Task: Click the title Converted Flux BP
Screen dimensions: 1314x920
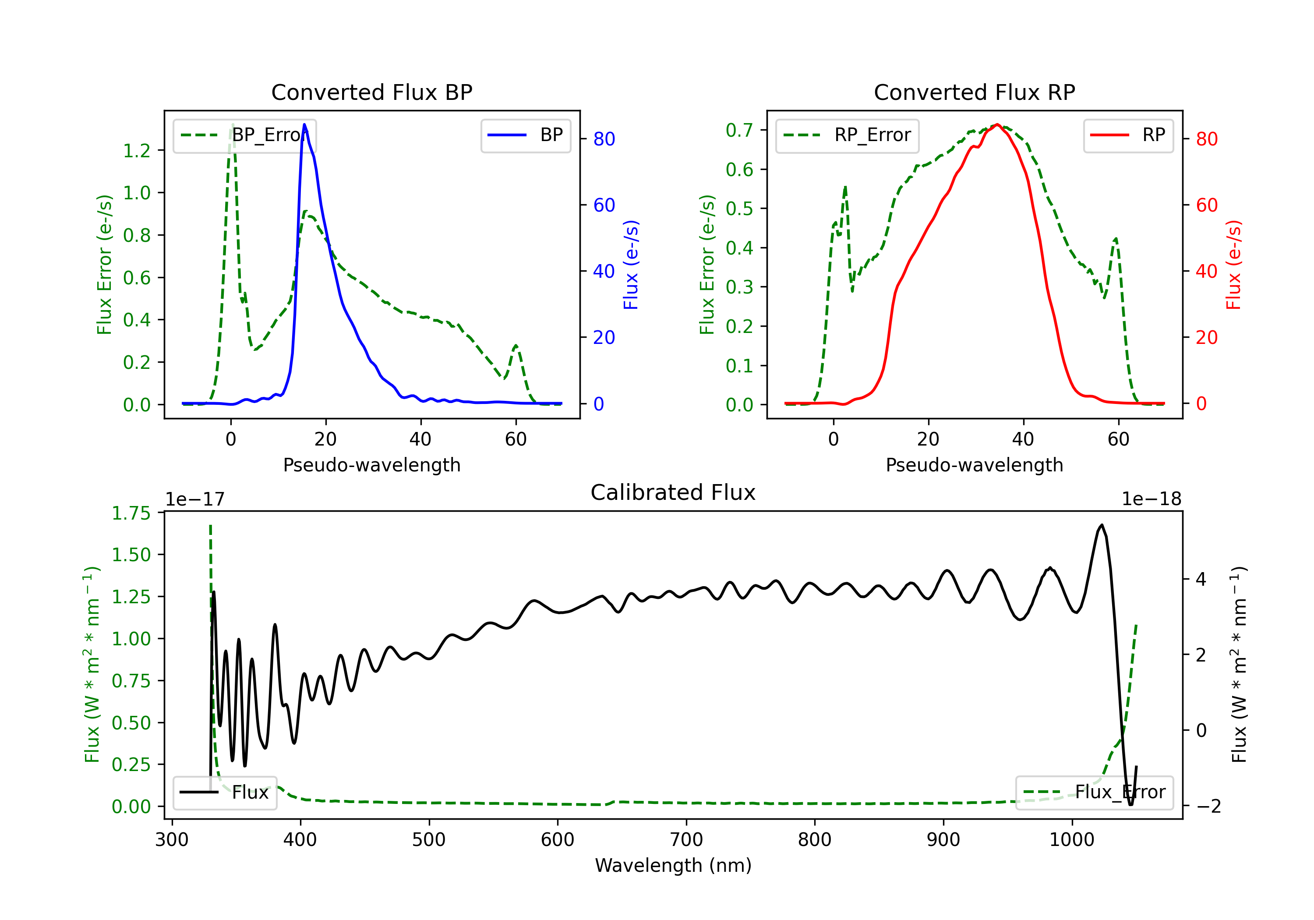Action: point(371,92)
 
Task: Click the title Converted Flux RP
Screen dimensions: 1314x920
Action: point(974,92)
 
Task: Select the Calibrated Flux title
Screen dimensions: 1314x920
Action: point(673,492)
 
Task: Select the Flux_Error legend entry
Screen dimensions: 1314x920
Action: point(1094,793)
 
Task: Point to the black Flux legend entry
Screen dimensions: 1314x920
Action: point(224,793)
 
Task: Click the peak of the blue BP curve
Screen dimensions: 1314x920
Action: point(304,124)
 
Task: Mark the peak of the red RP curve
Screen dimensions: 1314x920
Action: point(997,124)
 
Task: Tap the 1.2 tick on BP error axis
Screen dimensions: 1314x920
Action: point(137,151)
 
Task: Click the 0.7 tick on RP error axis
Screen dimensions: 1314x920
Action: point(739,130)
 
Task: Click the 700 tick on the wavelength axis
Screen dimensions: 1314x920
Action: point(686,839)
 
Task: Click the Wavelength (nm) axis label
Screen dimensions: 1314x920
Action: point(673,865)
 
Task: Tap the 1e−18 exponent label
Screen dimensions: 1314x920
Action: point(1152,499)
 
